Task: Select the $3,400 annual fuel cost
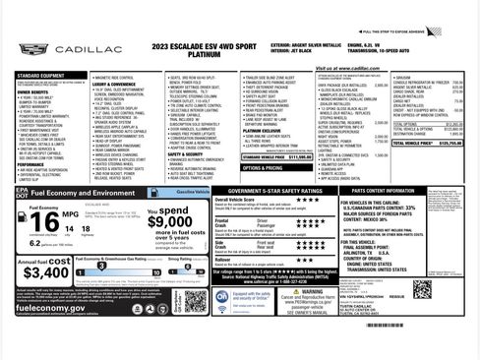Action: coord(45,271)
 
